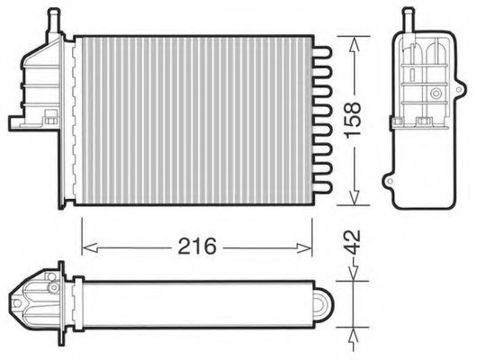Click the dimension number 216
[x=196, y=246]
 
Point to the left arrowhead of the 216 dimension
[x=87, y=245]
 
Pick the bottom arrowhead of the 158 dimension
[x=357, y=199]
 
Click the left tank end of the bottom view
[x=36, y=298]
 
